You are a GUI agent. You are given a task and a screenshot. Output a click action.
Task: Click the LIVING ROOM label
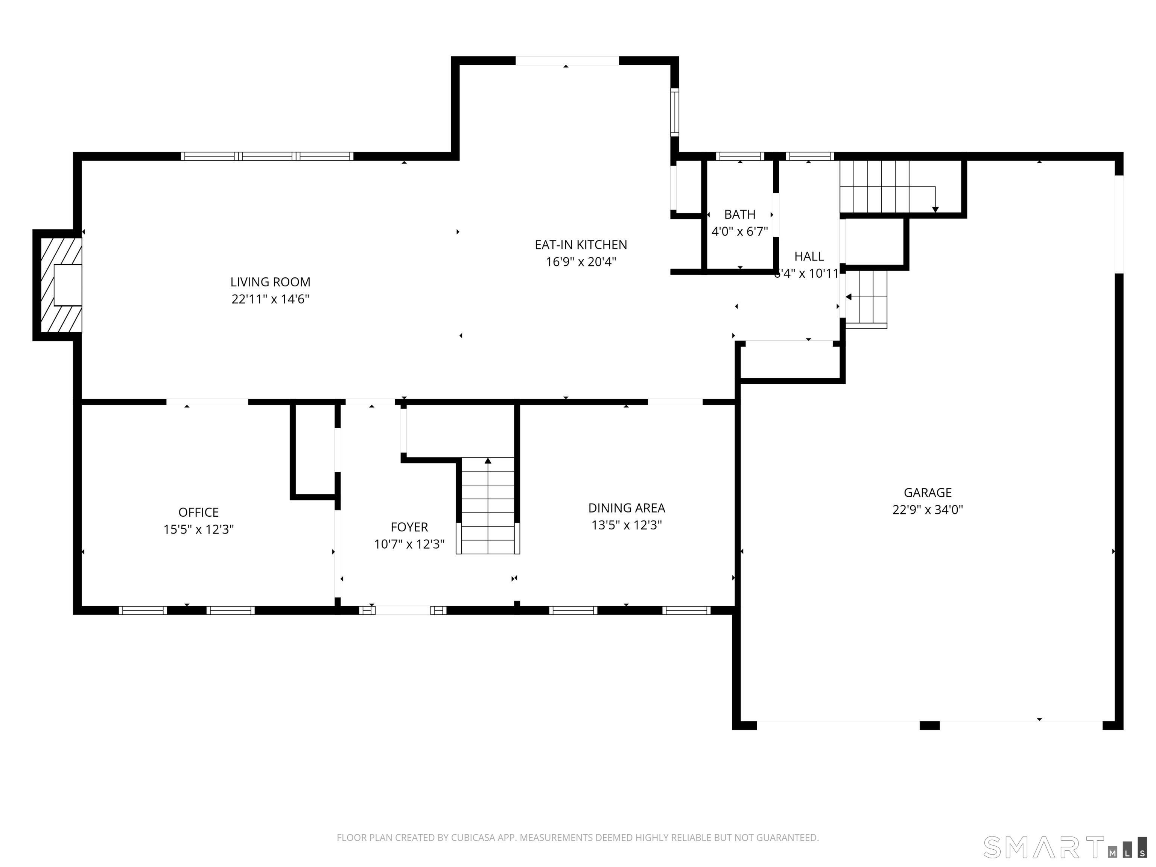(270, 282)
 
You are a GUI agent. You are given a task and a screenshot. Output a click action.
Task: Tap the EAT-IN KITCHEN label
(581, 245)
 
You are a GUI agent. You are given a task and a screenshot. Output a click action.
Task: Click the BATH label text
(739, 214)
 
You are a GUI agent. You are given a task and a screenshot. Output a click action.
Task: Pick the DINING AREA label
(627, 508)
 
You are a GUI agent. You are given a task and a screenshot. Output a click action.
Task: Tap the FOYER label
(409, 527)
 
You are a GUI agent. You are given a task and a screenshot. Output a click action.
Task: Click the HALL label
(809, 256)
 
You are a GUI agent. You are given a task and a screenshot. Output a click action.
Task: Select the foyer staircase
(488, 506)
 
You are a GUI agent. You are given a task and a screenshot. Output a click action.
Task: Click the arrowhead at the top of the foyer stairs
(488, 461)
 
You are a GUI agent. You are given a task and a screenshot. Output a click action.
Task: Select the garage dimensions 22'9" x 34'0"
(927, 510)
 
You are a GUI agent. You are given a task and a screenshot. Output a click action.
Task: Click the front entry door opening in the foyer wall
(402, 610)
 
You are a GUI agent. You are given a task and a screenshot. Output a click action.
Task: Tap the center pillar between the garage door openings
(929, 726)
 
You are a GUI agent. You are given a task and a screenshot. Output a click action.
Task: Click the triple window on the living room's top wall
(267, 156)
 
